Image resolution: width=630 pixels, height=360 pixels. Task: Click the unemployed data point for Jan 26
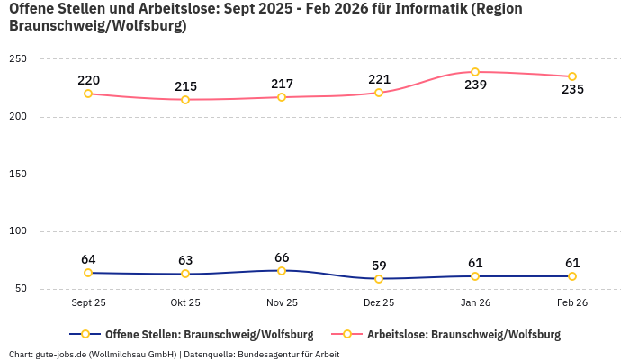[x=475, y=72]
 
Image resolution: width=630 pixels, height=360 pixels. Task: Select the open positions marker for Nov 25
[x=282, y=271]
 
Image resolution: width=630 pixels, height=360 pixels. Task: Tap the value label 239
[x=475, y=85]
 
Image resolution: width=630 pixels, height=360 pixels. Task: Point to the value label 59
[x=379, y=265]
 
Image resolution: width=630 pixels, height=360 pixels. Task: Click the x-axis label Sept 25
[x=88, y=303]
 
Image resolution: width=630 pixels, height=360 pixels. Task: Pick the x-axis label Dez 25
[x=379, y=303]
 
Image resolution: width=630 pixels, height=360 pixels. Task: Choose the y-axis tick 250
[x=18, y=59]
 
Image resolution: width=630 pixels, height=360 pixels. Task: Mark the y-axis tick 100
[x=18, y=231]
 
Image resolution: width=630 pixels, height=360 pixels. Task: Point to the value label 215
[x=185, y=86]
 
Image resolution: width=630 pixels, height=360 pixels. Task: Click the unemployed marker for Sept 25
[x=88, y=94]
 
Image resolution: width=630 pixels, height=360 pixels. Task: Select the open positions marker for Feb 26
[x=572, y=276]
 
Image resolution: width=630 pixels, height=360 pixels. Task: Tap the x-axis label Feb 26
[x=572, y=303]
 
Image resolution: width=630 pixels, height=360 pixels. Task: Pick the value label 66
[x=282, y=257]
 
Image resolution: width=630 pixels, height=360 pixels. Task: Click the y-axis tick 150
[x=18, y=174]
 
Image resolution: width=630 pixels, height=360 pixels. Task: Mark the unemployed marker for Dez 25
[x=379, y=93]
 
